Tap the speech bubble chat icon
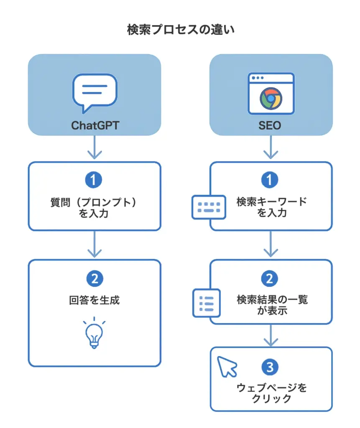tap(94, 92)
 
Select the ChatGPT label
tap(94, 125)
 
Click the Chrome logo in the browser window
tap(271, 99)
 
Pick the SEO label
tap(271, 125)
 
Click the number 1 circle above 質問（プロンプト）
tap(94, 180)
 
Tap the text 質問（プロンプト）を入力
tap(94, 207)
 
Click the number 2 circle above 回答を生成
tap(94, 279)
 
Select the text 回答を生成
tap(94, 300)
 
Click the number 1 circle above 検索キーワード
tap(271, 180)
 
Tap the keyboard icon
tap(209, 207)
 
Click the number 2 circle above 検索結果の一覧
tap(271, 279)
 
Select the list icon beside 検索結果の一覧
tap(206, 303)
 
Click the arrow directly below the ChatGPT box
tap(94, 149)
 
